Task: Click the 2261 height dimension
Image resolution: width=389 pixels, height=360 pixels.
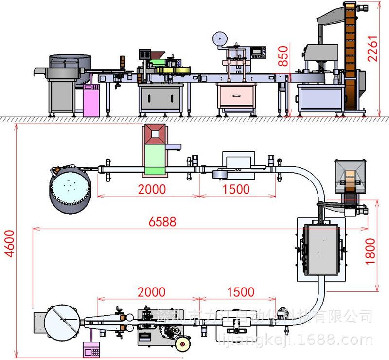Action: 373,48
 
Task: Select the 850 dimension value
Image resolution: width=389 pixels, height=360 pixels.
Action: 283,56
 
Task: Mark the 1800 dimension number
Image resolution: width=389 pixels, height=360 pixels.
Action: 371,251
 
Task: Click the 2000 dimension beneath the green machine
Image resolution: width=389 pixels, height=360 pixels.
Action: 152,189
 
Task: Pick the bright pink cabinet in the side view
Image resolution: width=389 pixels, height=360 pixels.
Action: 91,101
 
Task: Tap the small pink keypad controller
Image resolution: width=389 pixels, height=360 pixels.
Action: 91,348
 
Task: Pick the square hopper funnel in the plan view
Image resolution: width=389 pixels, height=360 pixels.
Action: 349,175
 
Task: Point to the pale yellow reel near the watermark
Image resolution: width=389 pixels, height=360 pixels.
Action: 183,344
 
